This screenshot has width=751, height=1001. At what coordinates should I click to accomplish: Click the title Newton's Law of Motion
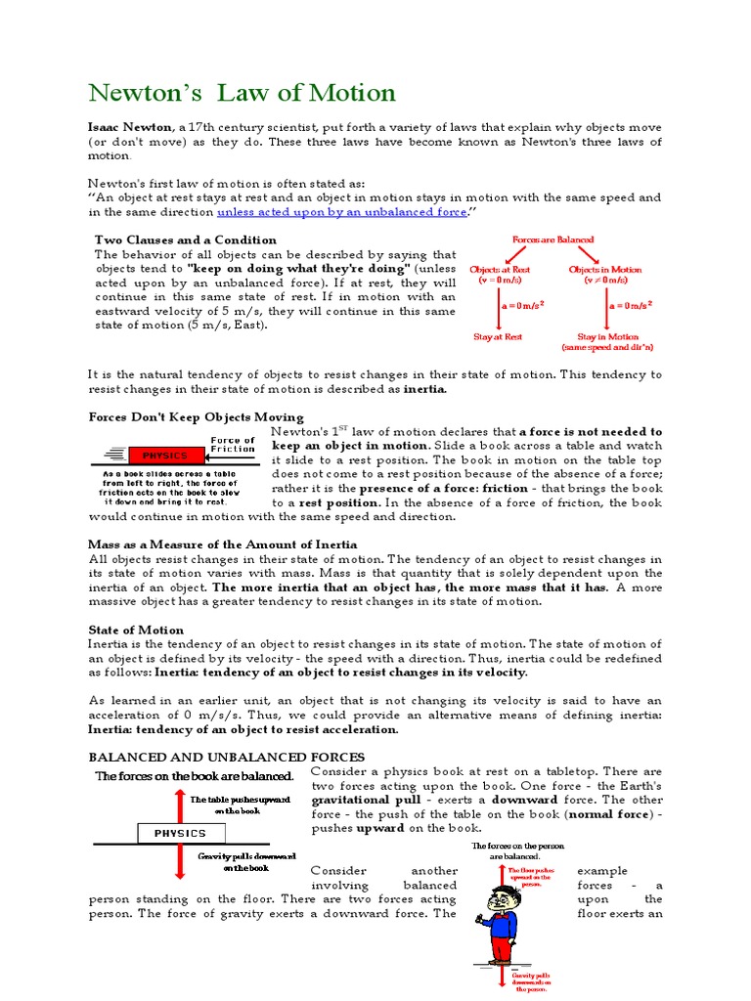243,94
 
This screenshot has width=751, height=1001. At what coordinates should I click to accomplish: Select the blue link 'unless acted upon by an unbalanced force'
341,211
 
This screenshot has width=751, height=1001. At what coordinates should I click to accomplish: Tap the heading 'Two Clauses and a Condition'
185,239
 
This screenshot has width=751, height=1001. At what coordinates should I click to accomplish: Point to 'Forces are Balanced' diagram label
552,239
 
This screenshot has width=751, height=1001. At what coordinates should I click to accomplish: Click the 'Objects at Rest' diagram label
500,269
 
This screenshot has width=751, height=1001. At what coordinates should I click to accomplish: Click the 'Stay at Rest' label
498,336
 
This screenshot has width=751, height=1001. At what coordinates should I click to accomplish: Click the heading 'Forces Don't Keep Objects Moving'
196,417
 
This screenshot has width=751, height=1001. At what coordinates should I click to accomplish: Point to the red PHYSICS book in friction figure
165,456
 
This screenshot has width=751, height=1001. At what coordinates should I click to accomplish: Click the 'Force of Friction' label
233,445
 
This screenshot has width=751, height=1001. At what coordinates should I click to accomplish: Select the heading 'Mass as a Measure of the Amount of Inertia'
222,544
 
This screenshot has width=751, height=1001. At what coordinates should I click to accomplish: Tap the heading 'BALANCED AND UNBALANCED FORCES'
226,758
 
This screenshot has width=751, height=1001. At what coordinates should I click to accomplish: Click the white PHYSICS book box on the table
179,833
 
